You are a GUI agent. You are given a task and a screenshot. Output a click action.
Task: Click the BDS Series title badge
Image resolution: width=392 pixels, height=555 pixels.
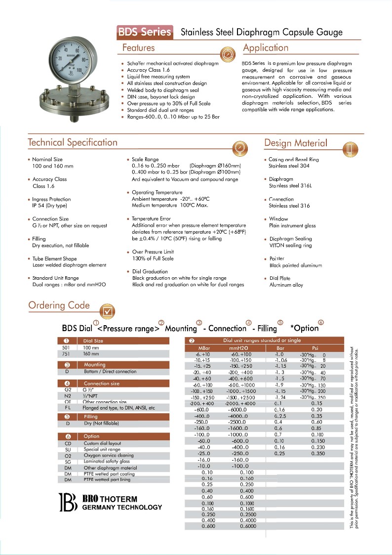coord(145,33)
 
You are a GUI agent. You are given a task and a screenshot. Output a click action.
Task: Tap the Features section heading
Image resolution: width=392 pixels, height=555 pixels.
coord(138,48)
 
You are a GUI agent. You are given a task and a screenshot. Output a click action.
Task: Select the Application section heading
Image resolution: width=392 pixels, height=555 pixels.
coord(266,48)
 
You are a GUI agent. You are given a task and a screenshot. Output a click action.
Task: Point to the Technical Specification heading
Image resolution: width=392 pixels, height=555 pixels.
coord(73,142)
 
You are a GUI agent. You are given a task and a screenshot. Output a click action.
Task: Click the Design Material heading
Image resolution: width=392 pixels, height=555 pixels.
coord(295,143)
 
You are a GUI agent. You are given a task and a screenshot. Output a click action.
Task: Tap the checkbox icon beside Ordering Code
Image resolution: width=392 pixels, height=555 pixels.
coord(107,311)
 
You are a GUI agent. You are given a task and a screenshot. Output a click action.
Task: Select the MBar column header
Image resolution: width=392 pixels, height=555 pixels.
coord(203,348)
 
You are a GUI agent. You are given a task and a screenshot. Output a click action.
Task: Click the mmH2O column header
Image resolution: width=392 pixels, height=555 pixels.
coord(238,348)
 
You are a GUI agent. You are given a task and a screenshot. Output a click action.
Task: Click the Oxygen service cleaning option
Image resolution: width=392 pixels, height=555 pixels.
coord(109,456)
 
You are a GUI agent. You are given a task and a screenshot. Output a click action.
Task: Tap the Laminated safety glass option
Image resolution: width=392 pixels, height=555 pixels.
coord(109,462)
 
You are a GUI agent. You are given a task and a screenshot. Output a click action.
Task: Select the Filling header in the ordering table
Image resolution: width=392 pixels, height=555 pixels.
coord(91,417)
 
